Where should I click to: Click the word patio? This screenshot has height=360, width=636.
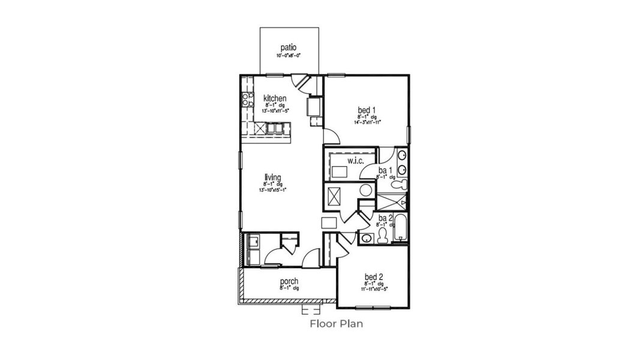pos(288,47)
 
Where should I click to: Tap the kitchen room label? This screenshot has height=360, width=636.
pos(274,98)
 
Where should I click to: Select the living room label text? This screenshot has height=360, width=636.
pos(273,177)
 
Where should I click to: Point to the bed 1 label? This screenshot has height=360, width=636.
pos(367,110)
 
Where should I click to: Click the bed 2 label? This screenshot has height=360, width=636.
pos(373,277)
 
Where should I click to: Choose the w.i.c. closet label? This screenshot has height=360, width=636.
pos(340,160)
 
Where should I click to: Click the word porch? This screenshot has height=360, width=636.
pos(289,281)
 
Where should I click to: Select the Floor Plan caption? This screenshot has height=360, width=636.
pos(336,324)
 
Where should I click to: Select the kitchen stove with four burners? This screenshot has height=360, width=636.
pos(246,100)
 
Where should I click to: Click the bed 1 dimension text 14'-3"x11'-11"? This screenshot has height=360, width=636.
pos(367,122)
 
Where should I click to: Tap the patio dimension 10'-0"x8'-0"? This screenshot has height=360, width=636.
pos(288,55)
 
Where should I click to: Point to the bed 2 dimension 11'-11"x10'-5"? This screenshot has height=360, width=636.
pos(373,289)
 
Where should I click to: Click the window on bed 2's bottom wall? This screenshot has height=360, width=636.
pos(372,308)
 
